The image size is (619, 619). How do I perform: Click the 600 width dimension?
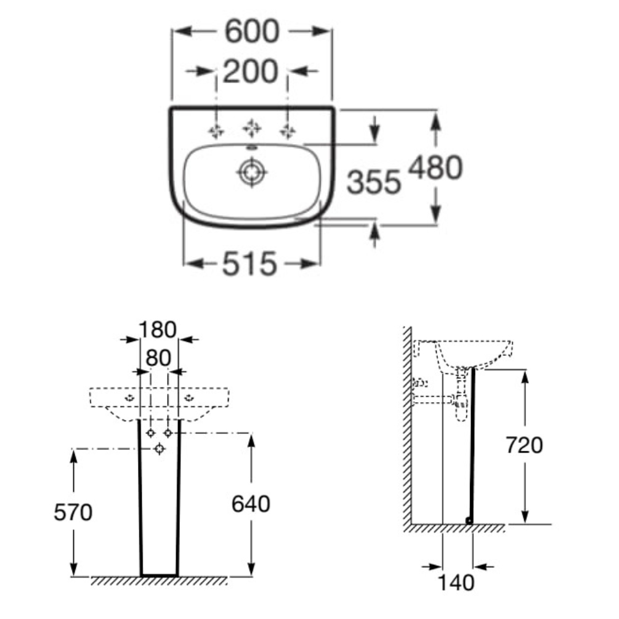point(252,32)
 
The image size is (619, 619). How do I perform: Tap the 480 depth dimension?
point(435,168)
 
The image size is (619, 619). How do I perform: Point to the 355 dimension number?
point(374,182)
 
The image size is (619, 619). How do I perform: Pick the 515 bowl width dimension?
point(249,264)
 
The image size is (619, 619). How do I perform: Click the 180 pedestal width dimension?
point(158,329)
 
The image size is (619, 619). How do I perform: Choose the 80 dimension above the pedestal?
point(158,357)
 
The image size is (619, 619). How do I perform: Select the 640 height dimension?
point(251,504)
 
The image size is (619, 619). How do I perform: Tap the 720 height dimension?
point(524,445)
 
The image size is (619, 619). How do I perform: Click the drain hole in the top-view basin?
point(252,172)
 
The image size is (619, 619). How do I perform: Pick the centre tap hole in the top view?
point(251,128)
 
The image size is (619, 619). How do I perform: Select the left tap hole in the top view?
point(216,131)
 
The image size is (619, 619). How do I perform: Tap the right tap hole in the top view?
point(287,131)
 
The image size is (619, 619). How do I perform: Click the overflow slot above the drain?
point(252,148)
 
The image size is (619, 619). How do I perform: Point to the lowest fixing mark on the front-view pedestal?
point(160,448)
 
